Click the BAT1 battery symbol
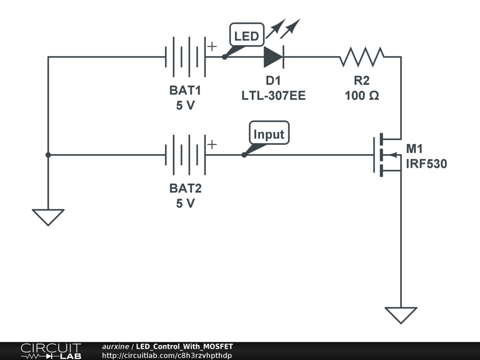pyautogui.click(x=185, y=57)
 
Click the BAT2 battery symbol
pyautogui.click(x=185, y=155)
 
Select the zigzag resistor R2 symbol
pyautogui.click(x=362, y=57)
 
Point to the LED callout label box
pyautogui.click(x=247, y=36)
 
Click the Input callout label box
pyautogui.click(x=269, y=135)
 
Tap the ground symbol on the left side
pyautogui.click(x=48, y=217)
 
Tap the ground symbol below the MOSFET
pyautogui.click(x=401, y=315)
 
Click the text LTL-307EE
pyautogui.click(x=273, y=96)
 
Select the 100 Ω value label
pyautogui.click(x=362, y=96)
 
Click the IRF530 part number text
pyautogui.click(x=426, y=164)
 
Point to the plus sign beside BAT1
pyautogui.click(x=212, y=46)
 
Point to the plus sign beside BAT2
pyautogui.click(x=212, y=144)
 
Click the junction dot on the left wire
pyautogui.click(x=48, y=155)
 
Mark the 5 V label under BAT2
pyautogui.click(x=185, y=204)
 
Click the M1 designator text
pyautogui.click(x=414, y=150)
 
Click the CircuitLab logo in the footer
pyautogui.click(x=50, y=351)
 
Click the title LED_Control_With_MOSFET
pyautogui.click(x=184, y=346)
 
